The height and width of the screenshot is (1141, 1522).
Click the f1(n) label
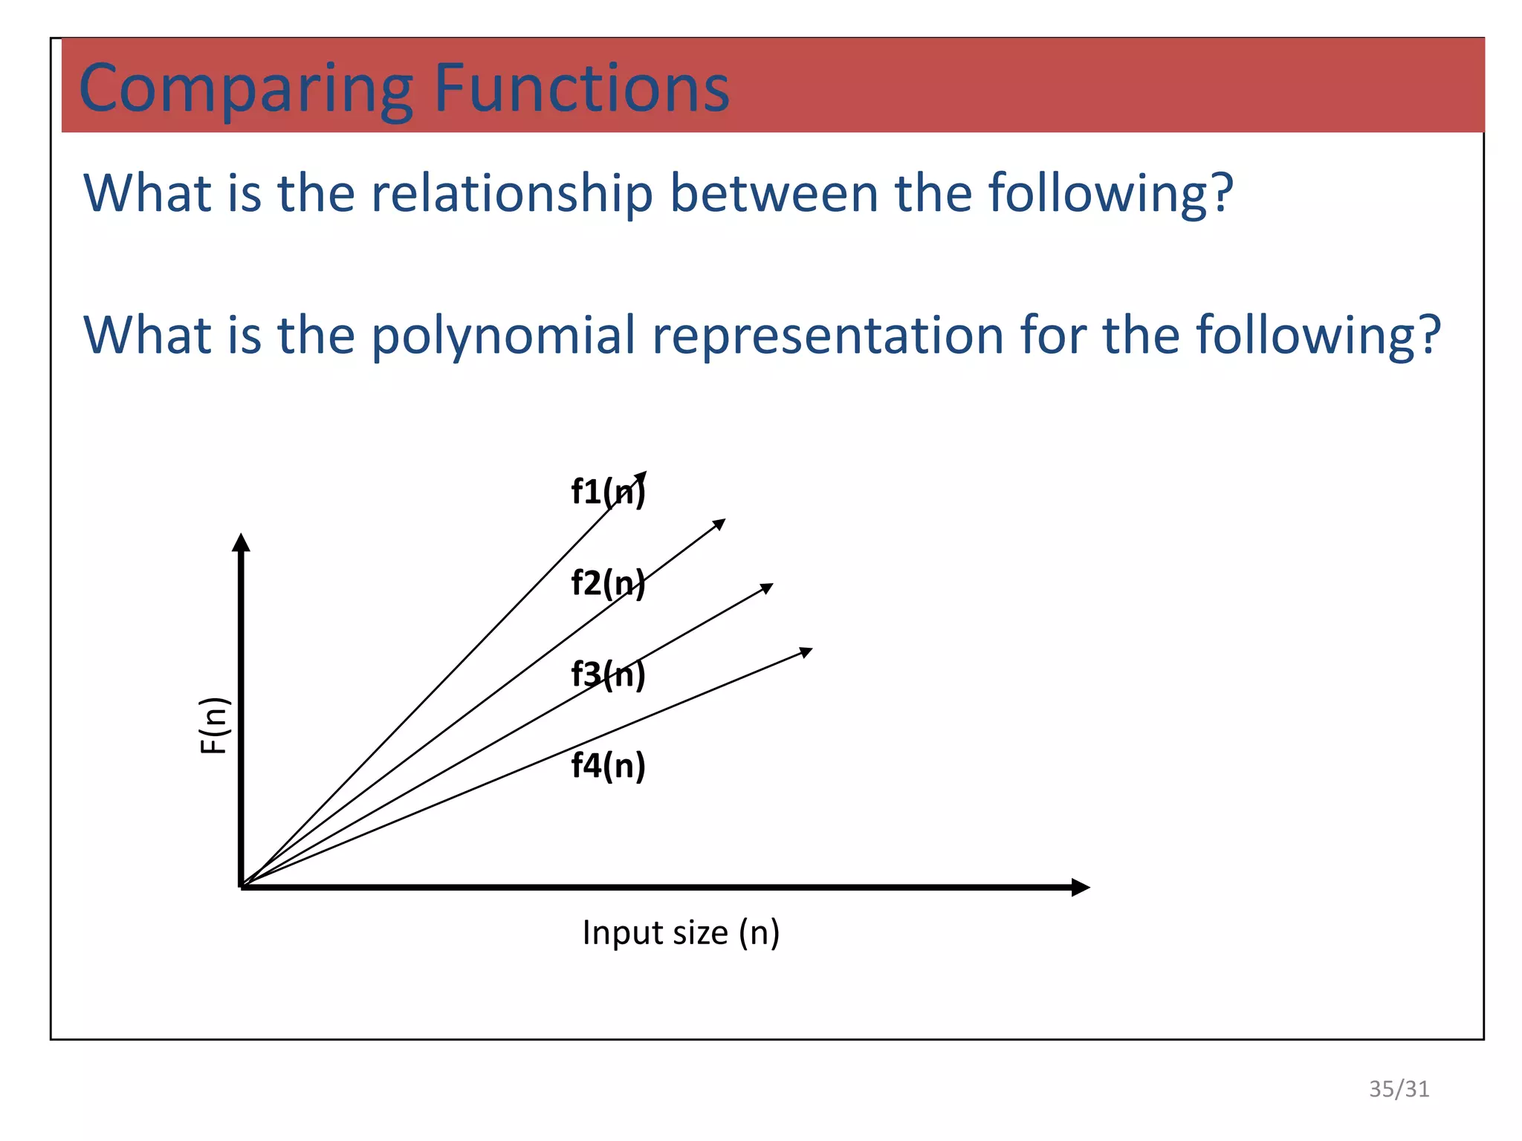click(608, 492)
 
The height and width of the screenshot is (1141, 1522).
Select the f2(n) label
click(608, 583)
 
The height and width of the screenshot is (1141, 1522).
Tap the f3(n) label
click(608, 674)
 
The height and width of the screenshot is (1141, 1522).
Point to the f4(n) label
click(608, 765)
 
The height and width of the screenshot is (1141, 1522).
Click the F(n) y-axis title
click(214, 726)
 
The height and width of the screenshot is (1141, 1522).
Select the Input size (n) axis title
click(681, 932)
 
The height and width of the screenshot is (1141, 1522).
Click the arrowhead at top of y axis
click(241, 542)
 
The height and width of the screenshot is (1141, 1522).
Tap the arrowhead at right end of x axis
click(1081, 887)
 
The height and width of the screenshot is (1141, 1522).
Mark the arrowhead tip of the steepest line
click(643, 475)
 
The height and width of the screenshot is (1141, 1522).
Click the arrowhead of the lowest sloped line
click(808, 651)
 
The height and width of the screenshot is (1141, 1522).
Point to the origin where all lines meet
click(242, 885)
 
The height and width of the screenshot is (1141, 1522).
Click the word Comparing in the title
click(246, 89)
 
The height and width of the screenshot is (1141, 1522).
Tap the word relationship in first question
click(511, 193)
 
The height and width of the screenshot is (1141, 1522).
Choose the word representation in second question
click(828, 336)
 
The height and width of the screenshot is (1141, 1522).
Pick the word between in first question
click(774, 193)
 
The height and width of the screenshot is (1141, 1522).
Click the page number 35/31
click(1399, 1089)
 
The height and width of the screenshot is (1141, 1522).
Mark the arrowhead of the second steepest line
click(721, 522)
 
